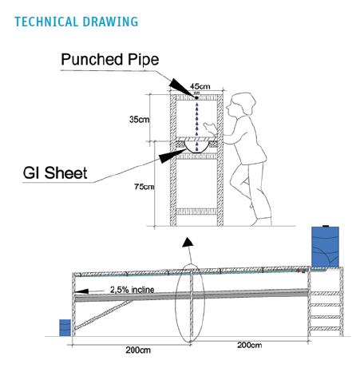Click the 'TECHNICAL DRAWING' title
(x=77, y=22)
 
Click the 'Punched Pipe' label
(x=110, y=60)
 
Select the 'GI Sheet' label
(x=55, y=172)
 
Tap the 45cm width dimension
(x=200, y=86)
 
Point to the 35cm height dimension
(x=139, y=119)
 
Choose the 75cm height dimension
(x=144, y=187)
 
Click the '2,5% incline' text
(x=133, y=290)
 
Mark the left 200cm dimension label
(x=138, y=350)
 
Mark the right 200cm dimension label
(x=249, y=345)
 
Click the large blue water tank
(x=325, y=247)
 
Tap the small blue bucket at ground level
(x=65, y=327)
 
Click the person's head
(x=241, y=104)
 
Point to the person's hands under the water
(x=211, y=129)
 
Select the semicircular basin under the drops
(x=197, y=148)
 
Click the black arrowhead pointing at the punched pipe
(x=182, y=87)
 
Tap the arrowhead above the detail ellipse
(x=188, y=242)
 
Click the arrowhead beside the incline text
(x=82, y=291)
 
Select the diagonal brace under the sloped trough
(x=103, y=315)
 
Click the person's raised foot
(x=251, y=205)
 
